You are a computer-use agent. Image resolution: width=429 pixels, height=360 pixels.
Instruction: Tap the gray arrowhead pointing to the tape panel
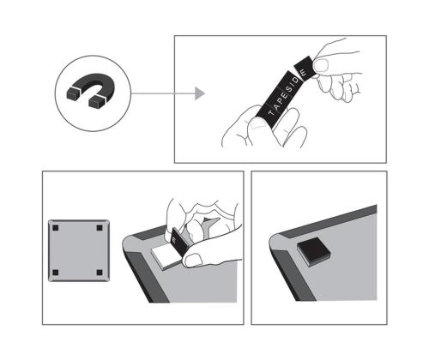[x=200, y=93]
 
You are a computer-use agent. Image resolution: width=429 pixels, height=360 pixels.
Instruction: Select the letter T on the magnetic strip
[x=271, y=112]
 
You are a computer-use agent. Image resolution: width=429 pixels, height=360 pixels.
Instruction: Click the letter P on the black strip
[x=281, y=99]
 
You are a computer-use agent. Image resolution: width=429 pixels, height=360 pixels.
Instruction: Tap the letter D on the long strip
[x=296, y=80]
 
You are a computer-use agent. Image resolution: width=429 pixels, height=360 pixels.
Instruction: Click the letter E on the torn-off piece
[x=304, y=72]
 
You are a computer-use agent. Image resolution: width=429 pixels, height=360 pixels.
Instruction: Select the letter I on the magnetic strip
[x=293, y=85]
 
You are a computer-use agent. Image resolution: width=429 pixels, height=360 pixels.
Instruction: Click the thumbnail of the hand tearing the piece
[x=321, y=65]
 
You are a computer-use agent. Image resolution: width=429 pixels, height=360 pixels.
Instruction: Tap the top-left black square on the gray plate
[x=56, y=228]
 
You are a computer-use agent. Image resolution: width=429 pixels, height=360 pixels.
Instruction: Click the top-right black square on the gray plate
[x=100, y=228]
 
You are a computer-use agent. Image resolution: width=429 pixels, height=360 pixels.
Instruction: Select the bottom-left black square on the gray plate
[x=56, y=273]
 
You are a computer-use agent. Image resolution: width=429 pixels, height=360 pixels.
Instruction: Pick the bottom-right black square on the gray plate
[x=100, y=273]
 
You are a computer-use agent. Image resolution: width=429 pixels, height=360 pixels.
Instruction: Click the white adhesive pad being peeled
[x=166, y=255]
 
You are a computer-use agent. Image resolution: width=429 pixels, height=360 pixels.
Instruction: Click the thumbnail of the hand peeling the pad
[x=192, y=261]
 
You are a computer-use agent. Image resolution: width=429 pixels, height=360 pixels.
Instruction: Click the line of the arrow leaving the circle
[x=163, y=93]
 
